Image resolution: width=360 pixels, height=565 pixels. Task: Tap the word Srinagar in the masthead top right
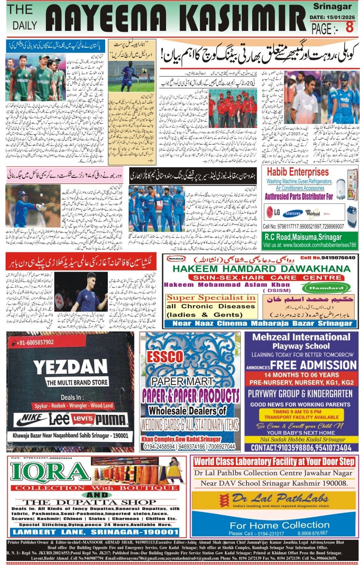(332, 6)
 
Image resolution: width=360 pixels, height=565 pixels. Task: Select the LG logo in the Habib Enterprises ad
(273, 212)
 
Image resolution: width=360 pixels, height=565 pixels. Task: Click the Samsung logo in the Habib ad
(292, 213)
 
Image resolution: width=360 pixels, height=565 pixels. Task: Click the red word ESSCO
(165, 357)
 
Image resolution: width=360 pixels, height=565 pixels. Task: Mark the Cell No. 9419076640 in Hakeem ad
(328, 258)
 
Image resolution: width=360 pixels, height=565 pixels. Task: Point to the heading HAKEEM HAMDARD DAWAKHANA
(261, 269)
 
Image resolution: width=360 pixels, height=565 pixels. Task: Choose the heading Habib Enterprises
(298, 172)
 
